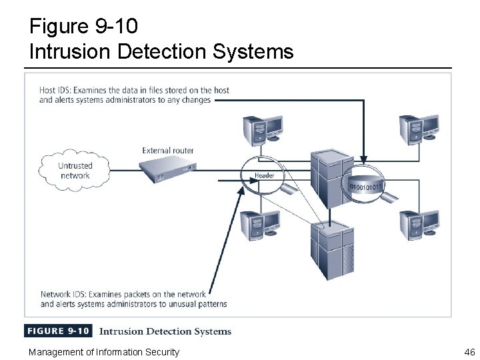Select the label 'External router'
[168, 151]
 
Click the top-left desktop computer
[259, 129]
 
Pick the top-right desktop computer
[419, 128]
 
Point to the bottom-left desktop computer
[259, 225]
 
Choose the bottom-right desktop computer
[419, 225]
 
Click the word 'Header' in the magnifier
[265, 175]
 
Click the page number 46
[468, 352]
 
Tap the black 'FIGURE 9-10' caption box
[59, 331]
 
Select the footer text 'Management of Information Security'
[103, 352]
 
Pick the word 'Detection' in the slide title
[166, 51]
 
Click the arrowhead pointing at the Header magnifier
[241, 192]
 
